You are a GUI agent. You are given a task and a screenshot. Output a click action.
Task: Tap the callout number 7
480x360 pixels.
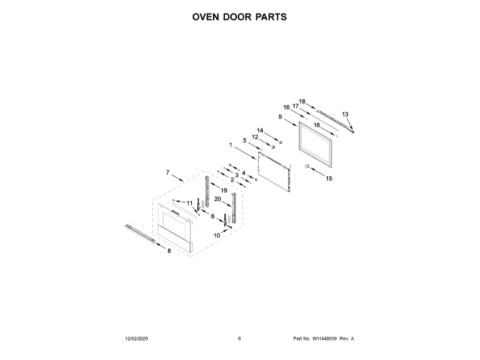[x=168, y=173]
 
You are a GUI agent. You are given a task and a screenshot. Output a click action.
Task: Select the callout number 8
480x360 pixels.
[x=169, y=250]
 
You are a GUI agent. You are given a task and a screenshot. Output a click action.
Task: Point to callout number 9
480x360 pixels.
[x=280, y=117]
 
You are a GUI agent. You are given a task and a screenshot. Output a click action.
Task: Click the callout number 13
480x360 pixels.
[x=345, y=114]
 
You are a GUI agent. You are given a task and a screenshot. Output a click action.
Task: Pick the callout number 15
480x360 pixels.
[x=328, y=178]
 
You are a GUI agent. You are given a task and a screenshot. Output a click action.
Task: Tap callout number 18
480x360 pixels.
[x=302, y=101]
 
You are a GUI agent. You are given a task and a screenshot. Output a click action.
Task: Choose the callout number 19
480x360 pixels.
[x=223, y=192]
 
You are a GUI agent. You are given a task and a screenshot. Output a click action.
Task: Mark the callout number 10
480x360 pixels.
[x=217, y=235]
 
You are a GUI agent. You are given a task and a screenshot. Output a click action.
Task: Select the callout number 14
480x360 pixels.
[x=260, y=130]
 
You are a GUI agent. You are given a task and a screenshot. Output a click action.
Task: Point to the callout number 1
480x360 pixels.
[x=231, y=145]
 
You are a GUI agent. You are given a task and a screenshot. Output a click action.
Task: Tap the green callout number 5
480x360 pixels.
[x=244, y=140]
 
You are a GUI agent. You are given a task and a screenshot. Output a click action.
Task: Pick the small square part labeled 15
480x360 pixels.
[x=307, y=165]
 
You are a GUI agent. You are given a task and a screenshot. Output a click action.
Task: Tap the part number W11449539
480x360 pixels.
[x=325, y=339]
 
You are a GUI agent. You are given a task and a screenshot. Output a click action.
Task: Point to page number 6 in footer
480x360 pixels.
[x=239, y=339]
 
